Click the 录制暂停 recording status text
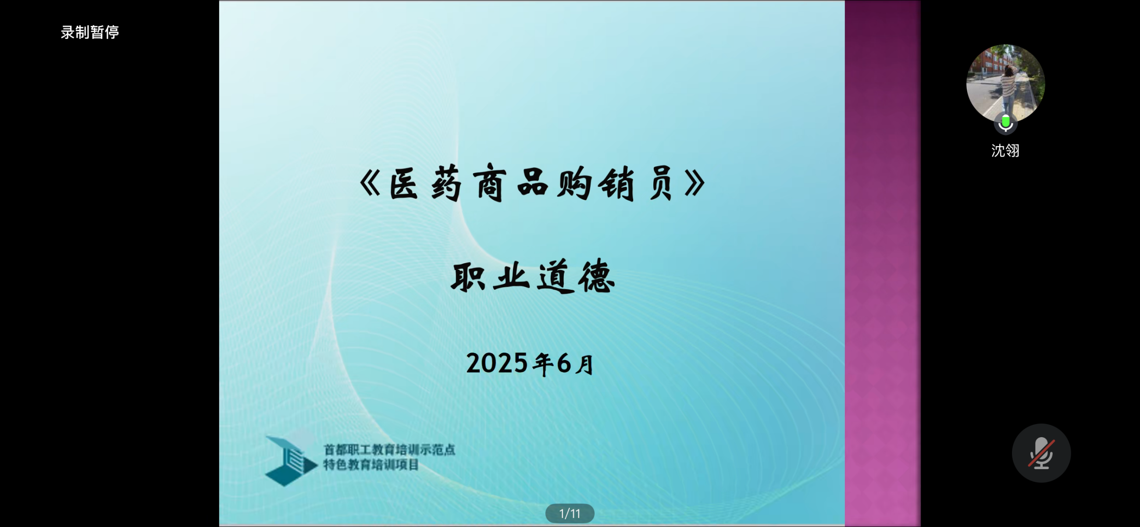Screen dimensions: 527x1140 90,32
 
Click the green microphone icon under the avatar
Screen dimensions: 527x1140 1005,123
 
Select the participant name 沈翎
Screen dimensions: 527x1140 1005,150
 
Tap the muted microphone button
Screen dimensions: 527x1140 1041,452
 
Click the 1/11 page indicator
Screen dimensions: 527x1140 570,513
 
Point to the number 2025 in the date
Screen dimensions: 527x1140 496,363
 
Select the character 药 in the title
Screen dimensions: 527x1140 446,183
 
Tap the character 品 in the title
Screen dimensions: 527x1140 532,182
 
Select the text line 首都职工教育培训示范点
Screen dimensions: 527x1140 389,449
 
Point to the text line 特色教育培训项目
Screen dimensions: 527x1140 371,465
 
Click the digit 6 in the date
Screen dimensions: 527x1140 564,363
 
